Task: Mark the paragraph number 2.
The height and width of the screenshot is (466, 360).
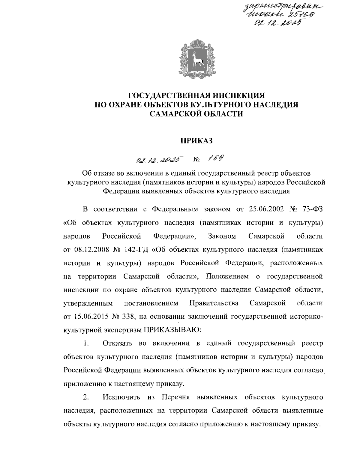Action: click(x=86, y=398)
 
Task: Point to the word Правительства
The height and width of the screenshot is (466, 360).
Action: click(x=214, y=303)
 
